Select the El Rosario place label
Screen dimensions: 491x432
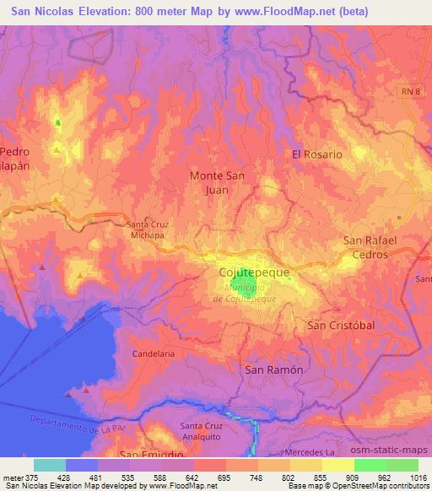(x=317, y=154)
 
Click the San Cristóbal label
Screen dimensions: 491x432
(x=340, y=325)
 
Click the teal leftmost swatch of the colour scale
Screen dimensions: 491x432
(x=50, y=465)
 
